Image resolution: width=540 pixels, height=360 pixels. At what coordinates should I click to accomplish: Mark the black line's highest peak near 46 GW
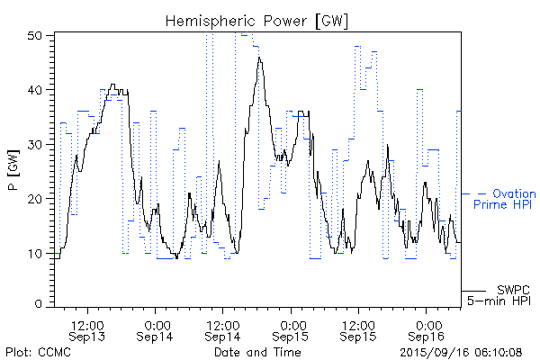click(x=259, y=58)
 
